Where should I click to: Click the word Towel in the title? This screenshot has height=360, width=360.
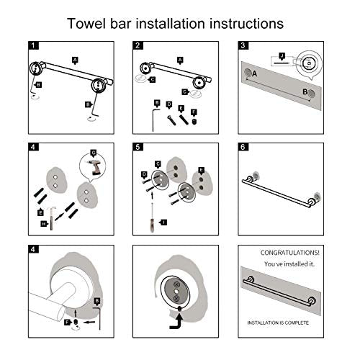pyautogui.click(x=89, y=23)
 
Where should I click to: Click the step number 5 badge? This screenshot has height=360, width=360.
pyautogui.click(x=138, y=148)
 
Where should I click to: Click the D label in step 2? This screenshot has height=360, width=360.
pyautogui.click(x=167, y=105)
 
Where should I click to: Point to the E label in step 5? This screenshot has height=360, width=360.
pyautogui.click(x=201, y=171)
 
